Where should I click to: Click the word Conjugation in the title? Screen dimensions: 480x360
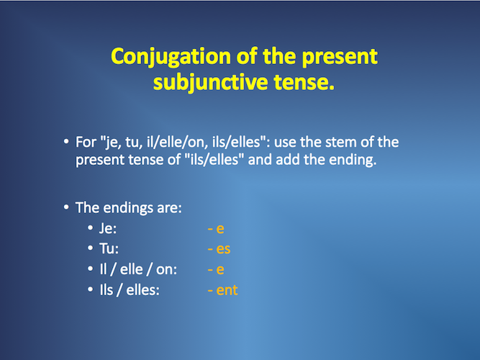click(x=171, y=57)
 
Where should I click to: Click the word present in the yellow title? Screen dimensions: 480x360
click(x=340, y=58)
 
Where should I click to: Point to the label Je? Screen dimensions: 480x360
click(x=108, y=228)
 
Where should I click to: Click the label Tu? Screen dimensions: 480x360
click(x=109, y=248)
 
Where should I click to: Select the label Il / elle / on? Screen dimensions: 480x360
click(x=138, y=269)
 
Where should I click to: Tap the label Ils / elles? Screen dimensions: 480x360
click(x=130, y=290)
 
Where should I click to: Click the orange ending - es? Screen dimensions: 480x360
click(x=219, y=249)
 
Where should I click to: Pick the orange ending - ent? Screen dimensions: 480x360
click(x=222, y=290)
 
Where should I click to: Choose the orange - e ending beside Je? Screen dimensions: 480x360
click(x=216, y=228)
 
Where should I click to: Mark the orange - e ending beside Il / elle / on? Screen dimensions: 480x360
click(x=216, y=269)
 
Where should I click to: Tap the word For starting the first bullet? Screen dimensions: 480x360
click(x=86, y=142)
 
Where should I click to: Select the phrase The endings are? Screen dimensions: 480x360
click(x=129, y=208)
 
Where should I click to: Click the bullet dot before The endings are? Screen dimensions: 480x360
click(x=66, y=207)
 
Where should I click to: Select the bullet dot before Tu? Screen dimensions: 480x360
click(x=90, y=248)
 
